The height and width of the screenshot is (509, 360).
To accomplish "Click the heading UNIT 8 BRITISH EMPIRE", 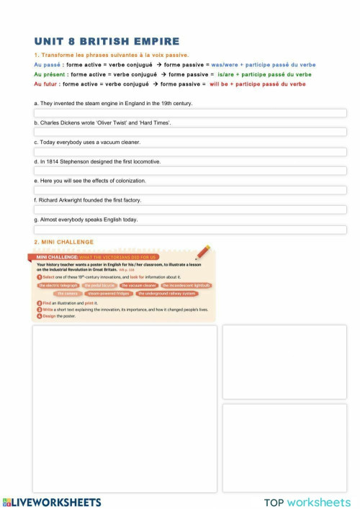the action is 107,42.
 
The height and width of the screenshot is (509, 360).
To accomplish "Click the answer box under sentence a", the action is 190,113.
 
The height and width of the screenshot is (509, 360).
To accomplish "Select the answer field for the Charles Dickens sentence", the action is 190,132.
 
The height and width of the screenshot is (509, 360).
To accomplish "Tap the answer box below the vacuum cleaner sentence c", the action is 190,152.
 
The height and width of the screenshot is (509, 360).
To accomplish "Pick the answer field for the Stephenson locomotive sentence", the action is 190,171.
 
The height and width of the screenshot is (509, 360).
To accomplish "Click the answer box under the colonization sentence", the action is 190,191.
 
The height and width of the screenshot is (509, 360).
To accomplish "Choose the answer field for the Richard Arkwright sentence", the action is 190,210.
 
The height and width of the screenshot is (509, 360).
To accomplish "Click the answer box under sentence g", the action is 190,230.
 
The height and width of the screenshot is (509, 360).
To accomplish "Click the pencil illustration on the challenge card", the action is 203,251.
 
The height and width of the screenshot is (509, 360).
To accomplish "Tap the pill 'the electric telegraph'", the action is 58,285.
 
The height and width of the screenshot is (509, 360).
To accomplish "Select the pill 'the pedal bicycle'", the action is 99,285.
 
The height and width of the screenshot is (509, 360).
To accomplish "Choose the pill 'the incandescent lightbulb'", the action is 186,285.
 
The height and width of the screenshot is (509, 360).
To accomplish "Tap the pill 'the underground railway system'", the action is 166,294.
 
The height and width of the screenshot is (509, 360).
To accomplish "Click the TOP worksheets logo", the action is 307,502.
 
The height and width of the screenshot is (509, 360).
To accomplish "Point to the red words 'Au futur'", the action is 47,84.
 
